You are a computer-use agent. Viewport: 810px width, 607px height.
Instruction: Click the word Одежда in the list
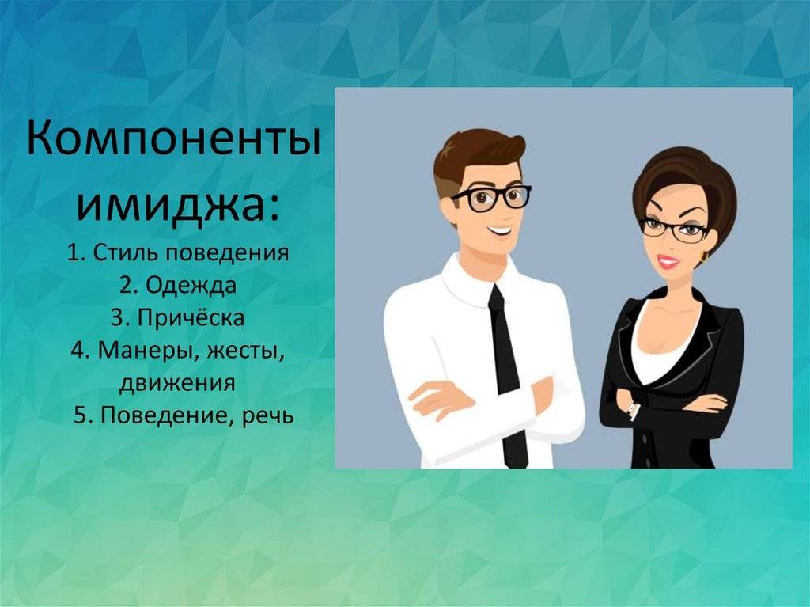tap(191, 286)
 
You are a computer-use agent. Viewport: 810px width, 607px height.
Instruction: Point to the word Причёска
tap(191, 317)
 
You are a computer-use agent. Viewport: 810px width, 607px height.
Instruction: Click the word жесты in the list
tap(246, 351)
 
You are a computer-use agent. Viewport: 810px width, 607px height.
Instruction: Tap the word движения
tap(177, 383)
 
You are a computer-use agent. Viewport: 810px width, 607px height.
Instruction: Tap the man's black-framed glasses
tap(490, 199)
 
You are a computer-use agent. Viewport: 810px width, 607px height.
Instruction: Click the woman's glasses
tap(674, 229)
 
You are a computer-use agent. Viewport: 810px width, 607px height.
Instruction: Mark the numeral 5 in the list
tap(80, 415)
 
